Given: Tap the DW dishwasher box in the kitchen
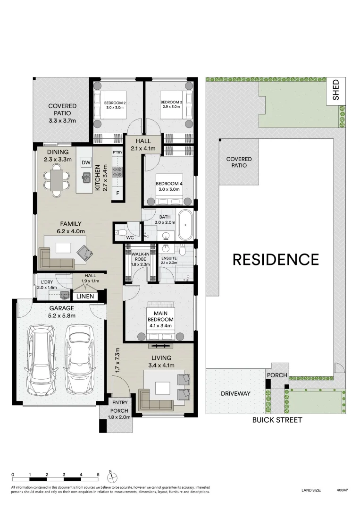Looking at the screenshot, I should click(85, 162).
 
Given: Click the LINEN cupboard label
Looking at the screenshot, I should click(85, 296).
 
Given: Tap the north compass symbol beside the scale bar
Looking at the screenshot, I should click(109, 474).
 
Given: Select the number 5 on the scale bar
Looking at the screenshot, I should click(98, 474).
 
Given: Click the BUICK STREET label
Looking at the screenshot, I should click(277, 420).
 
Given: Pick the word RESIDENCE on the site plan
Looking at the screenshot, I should click(275, 259).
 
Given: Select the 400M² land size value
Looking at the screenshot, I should click(342, 491).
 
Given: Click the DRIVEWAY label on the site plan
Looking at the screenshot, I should click(235, 393).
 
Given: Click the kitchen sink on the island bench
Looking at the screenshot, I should click(86, 178).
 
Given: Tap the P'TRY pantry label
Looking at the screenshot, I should click(117, 152).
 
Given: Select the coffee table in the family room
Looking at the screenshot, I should click(63, 247).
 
